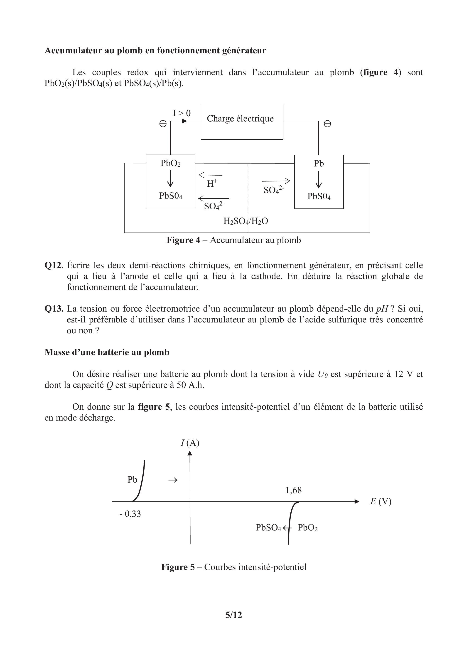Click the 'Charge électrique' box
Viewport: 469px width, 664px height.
(242, 122)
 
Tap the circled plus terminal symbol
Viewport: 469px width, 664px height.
(163, 124)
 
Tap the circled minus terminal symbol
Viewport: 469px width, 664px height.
(327, 124)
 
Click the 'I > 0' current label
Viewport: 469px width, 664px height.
(182, 113)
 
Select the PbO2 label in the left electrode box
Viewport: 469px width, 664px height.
(170, 164)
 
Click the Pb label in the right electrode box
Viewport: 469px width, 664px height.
(319, 164)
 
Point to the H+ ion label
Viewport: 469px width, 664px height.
(212, 183)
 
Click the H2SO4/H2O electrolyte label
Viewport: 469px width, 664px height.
(246, 221)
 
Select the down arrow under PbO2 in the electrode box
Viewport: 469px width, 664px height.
(170, 178)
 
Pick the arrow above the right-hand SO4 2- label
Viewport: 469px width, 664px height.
(276, 181)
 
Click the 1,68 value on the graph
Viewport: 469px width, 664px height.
(294, 490)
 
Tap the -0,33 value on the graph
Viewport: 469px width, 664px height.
(130, 514)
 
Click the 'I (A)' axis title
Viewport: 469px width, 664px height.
(190, 443)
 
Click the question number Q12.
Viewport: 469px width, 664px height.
(54, 265)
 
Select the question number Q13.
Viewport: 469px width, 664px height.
(54, 309)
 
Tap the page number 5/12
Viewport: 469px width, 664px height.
(233, 623)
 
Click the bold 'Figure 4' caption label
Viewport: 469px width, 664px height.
(183, 240)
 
